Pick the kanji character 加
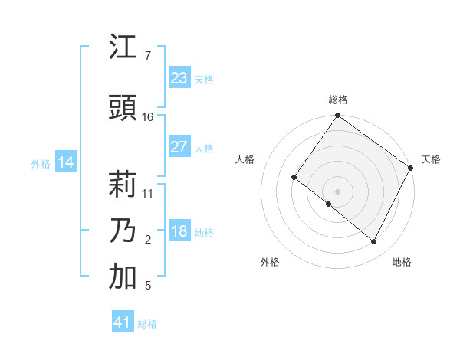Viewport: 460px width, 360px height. pyautogui.click(x=123, y=277)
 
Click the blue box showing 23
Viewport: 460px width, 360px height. pyautogui.click(x=179, y=78)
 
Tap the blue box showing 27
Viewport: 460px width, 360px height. pyautogui.click(x=179, y=147)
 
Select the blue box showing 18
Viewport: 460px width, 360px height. pyautogui.click(x=179, y=232)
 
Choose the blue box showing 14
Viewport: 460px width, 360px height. pyautogui.click(x=66, y=162)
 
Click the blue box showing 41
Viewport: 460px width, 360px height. pyautogui.click(x=123, y=322)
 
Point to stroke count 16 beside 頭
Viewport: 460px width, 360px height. pyautogui.click(x=148, y=117)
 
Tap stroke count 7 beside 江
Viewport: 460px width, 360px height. pyautogui.click(x=147, y=56)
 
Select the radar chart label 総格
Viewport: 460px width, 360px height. pyautogui.click(x=338, y=100)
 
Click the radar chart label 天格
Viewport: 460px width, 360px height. pyautogui.click(x=431, y=159)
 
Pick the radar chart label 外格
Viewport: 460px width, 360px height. pyautogui.click(x=270, y=262)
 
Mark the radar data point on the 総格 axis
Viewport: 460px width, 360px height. pyautogui.click(x=337, y=116)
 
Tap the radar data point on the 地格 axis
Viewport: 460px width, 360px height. pyautogui.click(x=374, y=242)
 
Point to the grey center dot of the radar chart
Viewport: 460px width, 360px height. pyautogui.click(x=337, y=191)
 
